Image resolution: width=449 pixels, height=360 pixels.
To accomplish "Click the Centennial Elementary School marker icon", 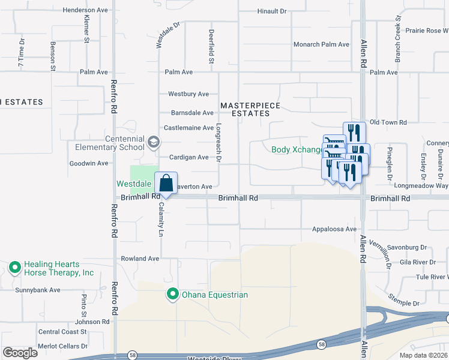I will (x=153, y=142).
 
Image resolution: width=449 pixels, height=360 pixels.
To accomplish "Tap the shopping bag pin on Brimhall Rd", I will (x=166, y=184).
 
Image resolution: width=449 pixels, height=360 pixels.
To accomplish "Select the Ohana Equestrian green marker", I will (x=173, y=294).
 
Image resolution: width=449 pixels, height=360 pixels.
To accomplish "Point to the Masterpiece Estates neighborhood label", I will (x=250, y=109).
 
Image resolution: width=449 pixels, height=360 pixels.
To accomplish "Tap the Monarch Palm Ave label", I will (x=321, y=44).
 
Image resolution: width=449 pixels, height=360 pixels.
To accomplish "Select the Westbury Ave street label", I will (x=188, y=94).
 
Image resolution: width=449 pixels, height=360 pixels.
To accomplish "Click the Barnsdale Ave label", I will (x=192, y=113).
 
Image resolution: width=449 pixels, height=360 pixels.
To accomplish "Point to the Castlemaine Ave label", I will (x=189, y=128).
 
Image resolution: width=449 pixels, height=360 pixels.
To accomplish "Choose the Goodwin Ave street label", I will (x=89, y=163).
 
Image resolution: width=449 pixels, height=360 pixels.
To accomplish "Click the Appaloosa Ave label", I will (x=334, y=229).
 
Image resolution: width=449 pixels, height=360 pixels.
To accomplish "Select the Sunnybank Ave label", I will (x=38, y=290).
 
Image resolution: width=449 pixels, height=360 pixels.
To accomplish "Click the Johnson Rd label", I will (x=92, y=322).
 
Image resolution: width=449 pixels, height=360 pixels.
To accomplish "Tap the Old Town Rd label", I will (x=388, y=122).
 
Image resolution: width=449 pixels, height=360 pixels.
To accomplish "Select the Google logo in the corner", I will (x=20, y=353).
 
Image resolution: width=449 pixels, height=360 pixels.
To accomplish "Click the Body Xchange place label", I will (x=297, y=149).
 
